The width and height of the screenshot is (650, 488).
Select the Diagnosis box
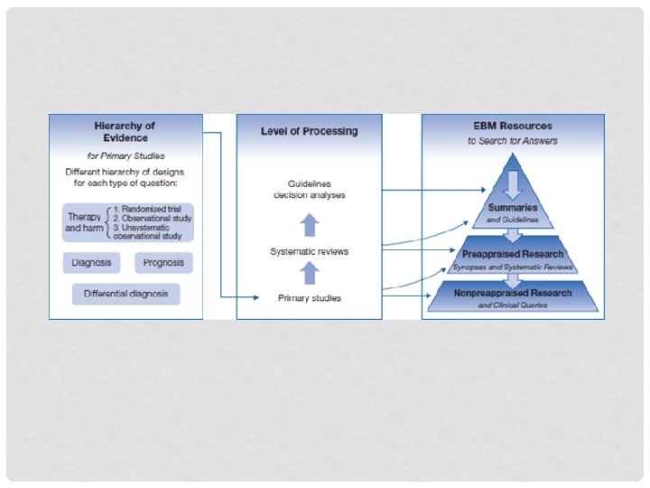(91, 263)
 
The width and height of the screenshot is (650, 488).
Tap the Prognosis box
(162, 263)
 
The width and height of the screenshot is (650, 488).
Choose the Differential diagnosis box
(126, 295)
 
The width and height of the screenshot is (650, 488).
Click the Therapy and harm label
(83, 223)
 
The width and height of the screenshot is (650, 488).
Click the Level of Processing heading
(309, 131)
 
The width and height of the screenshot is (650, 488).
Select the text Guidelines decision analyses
(309, 189)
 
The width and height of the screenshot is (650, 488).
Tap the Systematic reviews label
(309, 251)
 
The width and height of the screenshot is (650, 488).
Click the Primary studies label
(309, 297)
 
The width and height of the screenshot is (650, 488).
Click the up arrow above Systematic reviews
(309, 223)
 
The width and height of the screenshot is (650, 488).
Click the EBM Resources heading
(513, 126)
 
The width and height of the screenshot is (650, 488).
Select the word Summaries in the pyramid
(513, 208)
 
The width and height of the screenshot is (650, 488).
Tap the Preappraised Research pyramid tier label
(513, 254)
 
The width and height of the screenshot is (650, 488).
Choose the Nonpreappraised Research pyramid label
(513, 293)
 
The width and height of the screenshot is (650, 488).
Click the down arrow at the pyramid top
(513, 183)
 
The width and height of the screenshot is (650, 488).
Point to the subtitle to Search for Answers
(513, 141)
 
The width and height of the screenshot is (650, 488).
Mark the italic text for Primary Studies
(125, 155)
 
